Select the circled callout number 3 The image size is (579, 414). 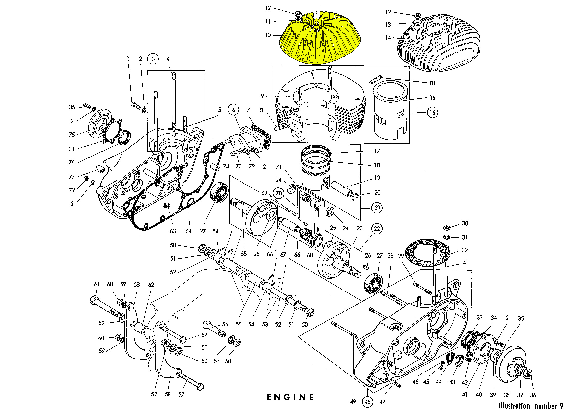[x=153, y=59]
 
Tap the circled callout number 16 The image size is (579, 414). [x=432, y=112]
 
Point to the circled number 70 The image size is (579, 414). [x=279, y=193]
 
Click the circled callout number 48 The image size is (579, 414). [x=368, y=402]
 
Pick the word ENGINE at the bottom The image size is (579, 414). [x=290, y=397]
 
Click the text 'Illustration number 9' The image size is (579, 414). [x=531, y=406]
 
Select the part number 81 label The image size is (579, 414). [x=433, y=83]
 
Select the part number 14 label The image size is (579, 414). [x=388, y=38]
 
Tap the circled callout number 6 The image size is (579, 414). [x=233, y=110]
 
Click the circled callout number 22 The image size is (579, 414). [x=377, y=228]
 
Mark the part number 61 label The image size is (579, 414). [x=96, y=284]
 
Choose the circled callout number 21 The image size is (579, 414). [x=377, y=208]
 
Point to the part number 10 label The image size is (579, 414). [x=268, y=35]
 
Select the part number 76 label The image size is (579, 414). [x=72, y=162]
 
